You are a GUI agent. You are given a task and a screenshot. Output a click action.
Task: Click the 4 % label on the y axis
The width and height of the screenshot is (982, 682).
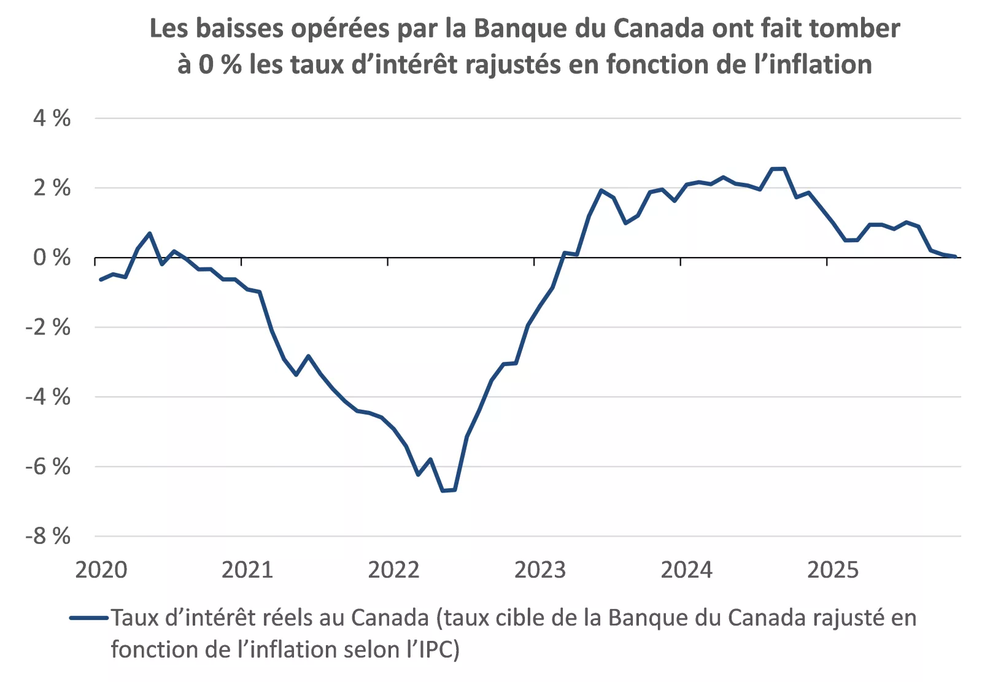[52, 118]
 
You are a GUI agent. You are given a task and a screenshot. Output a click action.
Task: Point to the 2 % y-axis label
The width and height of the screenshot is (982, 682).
[52, 188]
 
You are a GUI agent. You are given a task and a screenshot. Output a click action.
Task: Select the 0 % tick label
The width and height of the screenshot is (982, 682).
[52, 258]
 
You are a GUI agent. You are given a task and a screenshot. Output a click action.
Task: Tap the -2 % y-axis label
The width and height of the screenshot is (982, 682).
[48, 328]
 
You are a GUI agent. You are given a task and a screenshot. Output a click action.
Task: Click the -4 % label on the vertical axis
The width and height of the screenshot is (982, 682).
[48, 397]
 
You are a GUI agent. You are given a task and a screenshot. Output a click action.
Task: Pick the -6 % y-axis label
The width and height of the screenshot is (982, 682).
[48, 467]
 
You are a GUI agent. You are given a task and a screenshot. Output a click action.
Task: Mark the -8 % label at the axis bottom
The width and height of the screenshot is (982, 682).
[48, 536]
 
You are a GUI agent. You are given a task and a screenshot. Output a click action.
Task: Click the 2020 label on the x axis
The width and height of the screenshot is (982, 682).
[101, 570]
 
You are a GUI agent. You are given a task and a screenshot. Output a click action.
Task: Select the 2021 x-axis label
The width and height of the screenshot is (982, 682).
[247, 570]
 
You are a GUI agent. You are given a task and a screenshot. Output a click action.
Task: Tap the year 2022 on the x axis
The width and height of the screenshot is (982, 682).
[393, 570]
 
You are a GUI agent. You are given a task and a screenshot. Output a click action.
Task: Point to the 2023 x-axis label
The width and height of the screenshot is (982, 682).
[539, 570]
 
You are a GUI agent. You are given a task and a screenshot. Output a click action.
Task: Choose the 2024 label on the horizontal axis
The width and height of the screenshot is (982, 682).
[686, 570]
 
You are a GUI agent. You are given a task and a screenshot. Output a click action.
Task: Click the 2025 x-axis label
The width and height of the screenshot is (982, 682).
[832, 570]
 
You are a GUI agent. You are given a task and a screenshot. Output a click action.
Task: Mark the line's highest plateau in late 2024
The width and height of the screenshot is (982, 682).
[778, 169]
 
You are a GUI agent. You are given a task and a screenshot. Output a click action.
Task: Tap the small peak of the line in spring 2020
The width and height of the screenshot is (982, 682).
[150, 233]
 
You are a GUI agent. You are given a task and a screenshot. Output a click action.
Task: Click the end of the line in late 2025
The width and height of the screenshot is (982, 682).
[955, 256]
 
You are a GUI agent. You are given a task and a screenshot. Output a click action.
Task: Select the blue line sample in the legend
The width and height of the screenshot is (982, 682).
[89, 618]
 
